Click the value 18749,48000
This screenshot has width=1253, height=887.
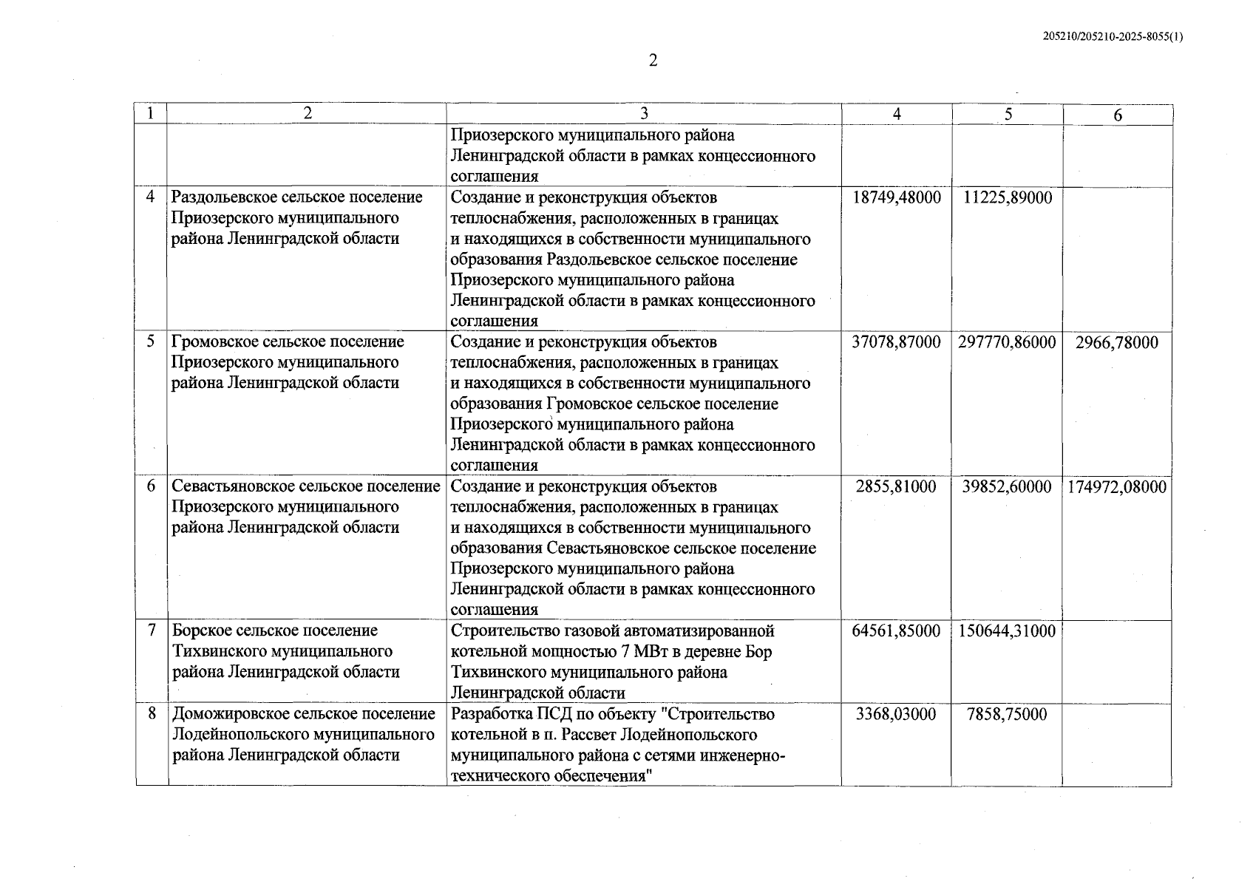tap(896, 198)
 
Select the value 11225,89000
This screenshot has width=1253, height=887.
tap(1008, 198)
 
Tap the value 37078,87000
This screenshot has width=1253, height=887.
tap(896, 342)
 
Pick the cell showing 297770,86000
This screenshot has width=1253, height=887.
tap(1007, 342)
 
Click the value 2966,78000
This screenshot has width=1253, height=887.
tap(1117, 343)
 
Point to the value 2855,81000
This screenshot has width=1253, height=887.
tap(896, 487)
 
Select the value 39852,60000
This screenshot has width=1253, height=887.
tap(1007, 487)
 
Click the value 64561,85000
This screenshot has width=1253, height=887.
tap(896, 631)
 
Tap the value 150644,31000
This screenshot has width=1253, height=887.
tap(1007, 631)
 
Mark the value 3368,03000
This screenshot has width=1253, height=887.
tap(896, 715)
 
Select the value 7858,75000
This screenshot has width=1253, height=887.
tap(1007, 715)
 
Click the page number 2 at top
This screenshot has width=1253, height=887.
tap(653, 61)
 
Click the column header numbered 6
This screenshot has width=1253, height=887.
tap(1117, 115)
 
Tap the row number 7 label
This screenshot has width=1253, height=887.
tap(152, 631)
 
